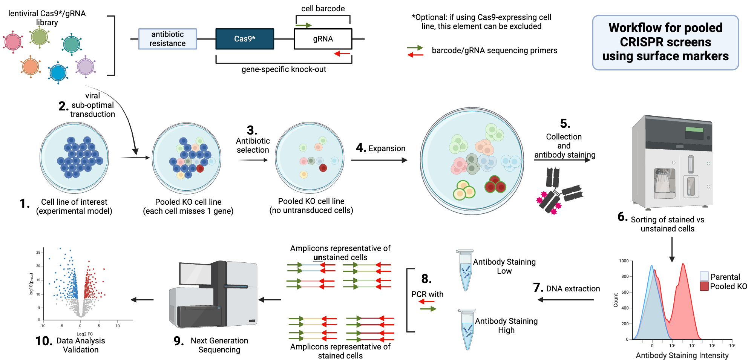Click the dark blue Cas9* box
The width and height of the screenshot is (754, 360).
pos(245,39)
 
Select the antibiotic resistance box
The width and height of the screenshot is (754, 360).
pos(167,39)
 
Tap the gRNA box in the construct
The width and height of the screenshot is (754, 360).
pos(323,39)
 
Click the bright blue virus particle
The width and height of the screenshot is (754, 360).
pos(58,72)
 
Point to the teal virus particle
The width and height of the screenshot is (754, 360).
pos(71,44)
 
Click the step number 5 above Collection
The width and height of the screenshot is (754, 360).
pos(565,124)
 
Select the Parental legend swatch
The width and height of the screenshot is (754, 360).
pos(704,276)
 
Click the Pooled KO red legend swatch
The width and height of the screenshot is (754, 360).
pos(704,286)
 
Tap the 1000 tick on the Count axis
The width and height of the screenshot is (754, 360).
pos(624,261)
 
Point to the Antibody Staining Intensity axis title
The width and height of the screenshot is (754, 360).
pos(682,355)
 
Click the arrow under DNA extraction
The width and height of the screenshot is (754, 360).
pos(565,300)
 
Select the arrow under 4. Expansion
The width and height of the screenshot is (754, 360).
pos(379,160)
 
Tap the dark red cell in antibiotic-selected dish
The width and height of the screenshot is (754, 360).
pos(323,168)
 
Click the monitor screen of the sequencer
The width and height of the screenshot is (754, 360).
pos(195,273)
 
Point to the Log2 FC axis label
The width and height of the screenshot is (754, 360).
pos(84,334)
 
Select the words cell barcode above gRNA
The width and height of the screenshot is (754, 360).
pos(323,8)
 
